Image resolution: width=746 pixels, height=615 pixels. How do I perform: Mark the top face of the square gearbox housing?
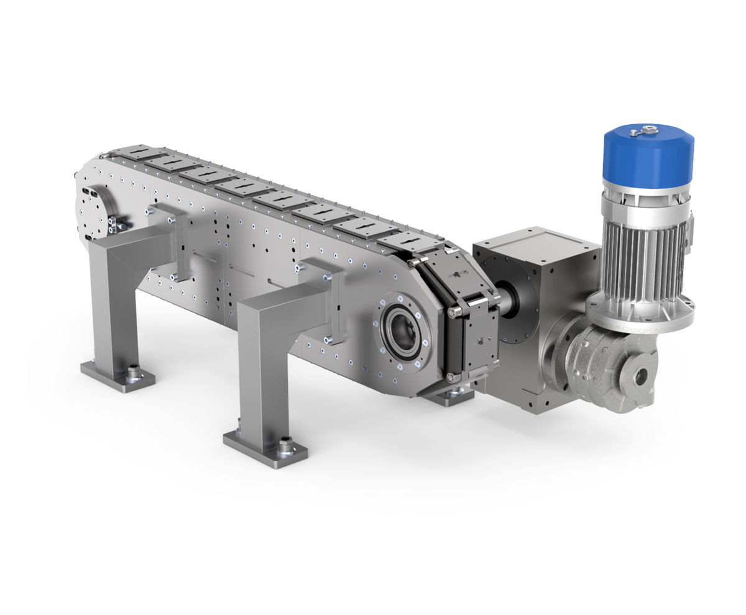(535, 243)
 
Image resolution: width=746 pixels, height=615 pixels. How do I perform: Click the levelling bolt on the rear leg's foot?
(132, 371)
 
